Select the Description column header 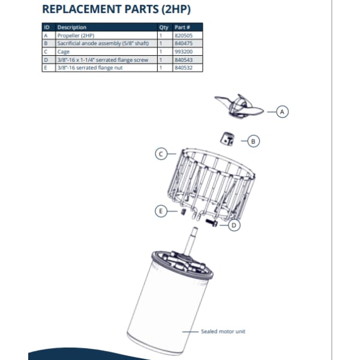(x=71, y=28)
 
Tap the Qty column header (x=164, y=28)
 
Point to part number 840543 (x=182, y=60)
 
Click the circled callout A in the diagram (x=283, y=111)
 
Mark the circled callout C (x=161, y=154)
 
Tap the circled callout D (x=235, y=226)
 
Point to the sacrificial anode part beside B (x=227, y=138)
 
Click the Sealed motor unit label (x=223, y=332)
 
